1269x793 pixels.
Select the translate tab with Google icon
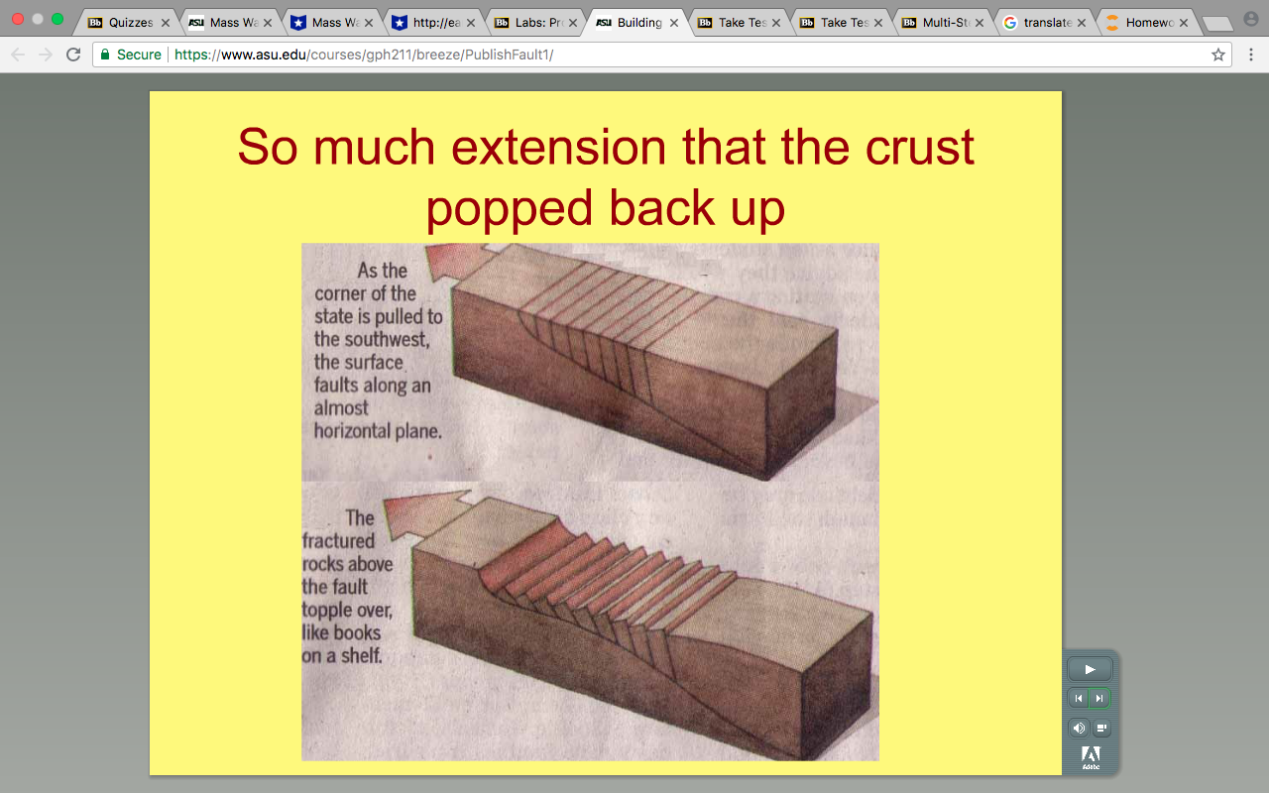point(1045,23)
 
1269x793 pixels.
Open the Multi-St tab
point(943,23)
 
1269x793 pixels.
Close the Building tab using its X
point(674,23)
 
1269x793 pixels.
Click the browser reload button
point(73,55)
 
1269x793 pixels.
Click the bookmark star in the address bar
point(1218,55)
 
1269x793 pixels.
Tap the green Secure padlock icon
point(105,55)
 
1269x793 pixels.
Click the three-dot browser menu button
point(1251,55)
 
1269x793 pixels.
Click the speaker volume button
point(1079,728)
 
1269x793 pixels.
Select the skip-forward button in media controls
point(1099,699)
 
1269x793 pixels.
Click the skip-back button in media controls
point(1078,699)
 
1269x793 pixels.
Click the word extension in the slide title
point(558,148)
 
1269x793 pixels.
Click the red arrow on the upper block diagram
point(460,261)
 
